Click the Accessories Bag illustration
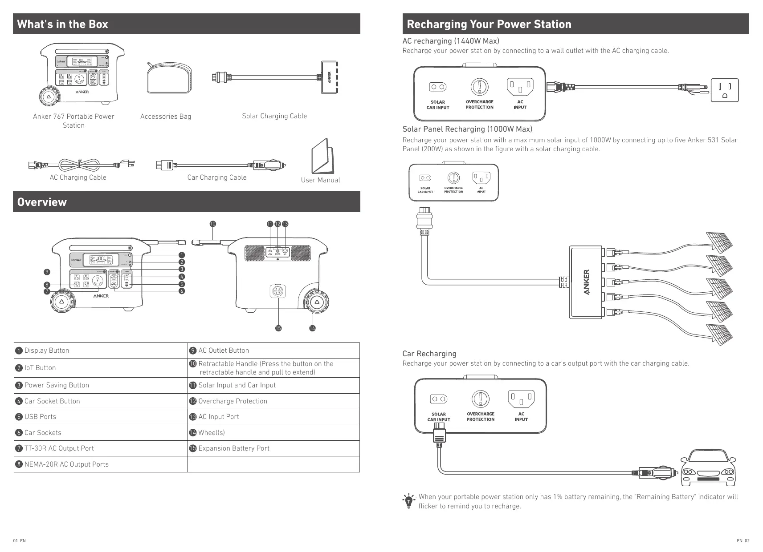coord(169,78)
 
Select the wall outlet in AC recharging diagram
coord(724,90)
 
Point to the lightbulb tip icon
coord(408,501)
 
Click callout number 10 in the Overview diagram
coord(212,224)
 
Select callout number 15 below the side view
coord(278,328)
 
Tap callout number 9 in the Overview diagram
coord(47,272)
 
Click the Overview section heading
coord(42,202)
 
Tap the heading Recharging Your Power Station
coord(489,24)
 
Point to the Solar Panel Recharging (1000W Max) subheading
coord(467,129)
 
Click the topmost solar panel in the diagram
coord(719,242)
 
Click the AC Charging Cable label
coord(78,177)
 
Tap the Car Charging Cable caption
coord(216,177)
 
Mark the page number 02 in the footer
coord(747,541)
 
